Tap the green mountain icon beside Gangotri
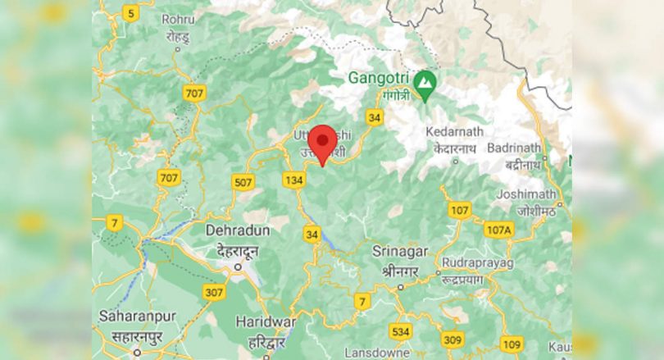(424, 82)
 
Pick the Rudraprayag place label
(477, 263)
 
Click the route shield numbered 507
(243, 182)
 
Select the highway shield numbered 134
(293, 180)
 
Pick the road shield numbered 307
(214, 292)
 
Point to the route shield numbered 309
(453, 339)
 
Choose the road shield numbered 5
(130, 12)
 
